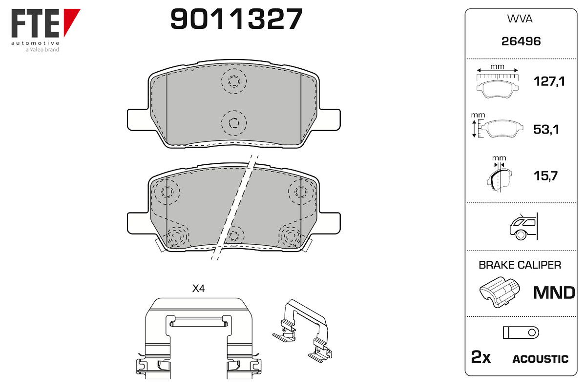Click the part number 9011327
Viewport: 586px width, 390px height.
[236, 19]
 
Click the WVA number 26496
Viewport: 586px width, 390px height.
[521, 41]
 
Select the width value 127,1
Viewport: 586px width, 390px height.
[549, 81]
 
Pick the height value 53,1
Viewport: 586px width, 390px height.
[546, 129]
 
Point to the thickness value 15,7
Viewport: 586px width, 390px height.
[545, 176]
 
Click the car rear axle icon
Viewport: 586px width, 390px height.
[523, 226]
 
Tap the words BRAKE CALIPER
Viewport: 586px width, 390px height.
[520, 265]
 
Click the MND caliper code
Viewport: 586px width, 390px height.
[554, 292]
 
